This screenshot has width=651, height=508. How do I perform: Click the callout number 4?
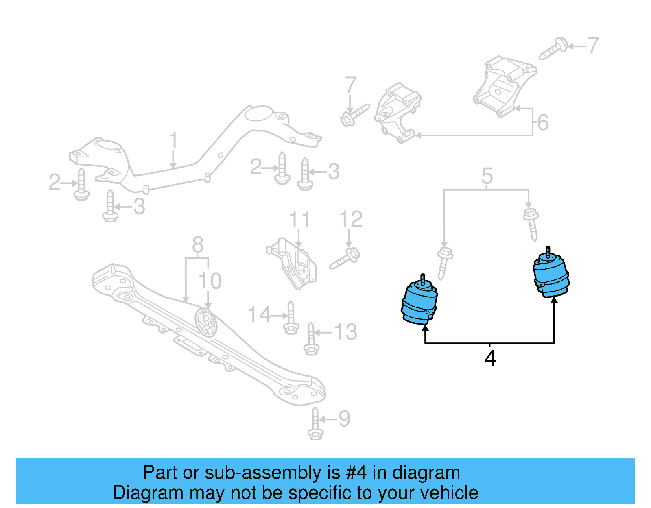pyautogui.click(x=490, y=358)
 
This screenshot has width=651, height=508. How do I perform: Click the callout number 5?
pyautogui.click(x=487, y=176)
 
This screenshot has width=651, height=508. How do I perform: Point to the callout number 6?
pyautogui.click(x=543, y=122)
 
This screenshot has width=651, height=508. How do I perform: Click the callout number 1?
pyautogui.click(x=174, y=140)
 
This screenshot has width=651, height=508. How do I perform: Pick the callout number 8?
pyautogui.click(x=198, y=245)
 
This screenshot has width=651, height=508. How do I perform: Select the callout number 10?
pyautogui.click(x=210, y=281)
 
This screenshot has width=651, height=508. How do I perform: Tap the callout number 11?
pyautogui.click(x=299, y=220)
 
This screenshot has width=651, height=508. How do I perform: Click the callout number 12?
pyautogui.click(x=351, y=219)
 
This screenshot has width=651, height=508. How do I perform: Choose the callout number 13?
pyautogui.click(x=345, y=332)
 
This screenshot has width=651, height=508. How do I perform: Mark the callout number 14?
pyautogui.click(x=259, y=315)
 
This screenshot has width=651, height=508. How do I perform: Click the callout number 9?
pyautogui.click(x=344, y=419)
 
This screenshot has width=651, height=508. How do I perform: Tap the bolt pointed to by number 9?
pyautogui.click(x=315, y=424)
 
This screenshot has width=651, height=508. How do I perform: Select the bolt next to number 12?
pyautogui.click(x=345, y=259)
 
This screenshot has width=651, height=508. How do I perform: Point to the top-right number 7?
pyautogui.click(x=593, y=46)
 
